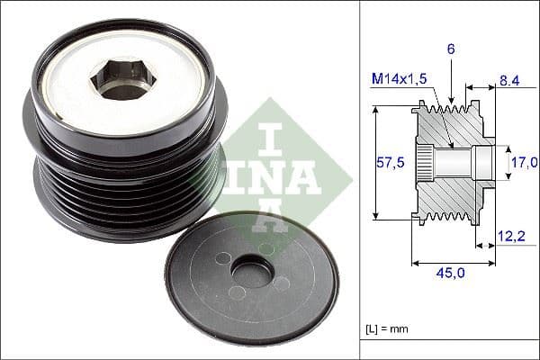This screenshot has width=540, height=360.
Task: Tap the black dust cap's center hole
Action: [252, 271]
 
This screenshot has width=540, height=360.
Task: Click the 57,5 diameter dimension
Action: [389, 162]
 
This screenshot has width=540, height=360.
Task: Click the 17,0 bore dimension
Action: [524, 163]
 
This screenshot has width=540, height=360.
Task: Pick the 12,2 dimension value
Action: [511, 237]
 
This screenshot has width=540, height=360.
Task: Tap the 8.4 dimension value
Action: [508, 81]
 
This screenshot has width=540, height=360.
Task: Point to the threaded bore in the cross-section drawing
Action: [459, 162]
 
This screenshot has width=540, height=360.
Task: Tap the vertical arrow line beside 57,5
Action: [373, 162]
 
